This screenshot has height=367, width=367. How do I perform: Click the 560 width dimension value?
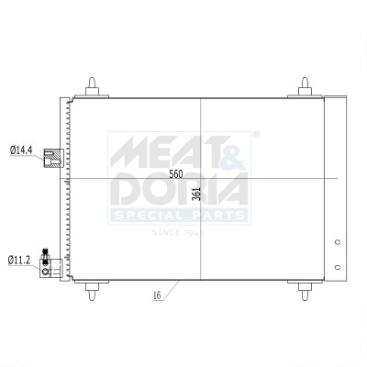pyautogui.click(x=176, y=174)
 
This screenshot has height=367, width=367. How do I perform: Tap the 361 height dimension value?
pyautogui.click(x=197, y=194)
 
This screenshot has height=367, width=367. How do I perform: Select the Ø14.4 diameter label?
pyautogui.click(x=21, y=150)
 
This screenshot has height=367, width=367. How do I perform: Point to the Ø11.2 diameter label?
pyautogui.click(x=19, y=261)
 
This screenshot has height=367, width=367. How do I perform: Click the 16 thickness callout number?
pyautogui.click(x=157, y=295)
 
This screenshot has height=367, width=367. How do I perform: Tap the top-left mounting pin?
pyautogui.click(x=92, y=87)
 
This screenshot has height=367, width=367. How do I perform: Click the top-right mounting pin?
pyautogui.click(x=305, y=87)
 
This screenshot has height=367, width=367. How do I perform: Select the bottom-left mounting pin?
pyautogui.click(x=92, y=290)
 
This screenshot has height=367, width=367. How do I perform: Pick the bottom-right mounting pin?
pyautogui.click(x=305, y=290)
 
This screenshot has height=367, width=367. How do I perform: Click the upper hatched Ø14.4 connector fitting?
pyautogui.click(x=53, y=158)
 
